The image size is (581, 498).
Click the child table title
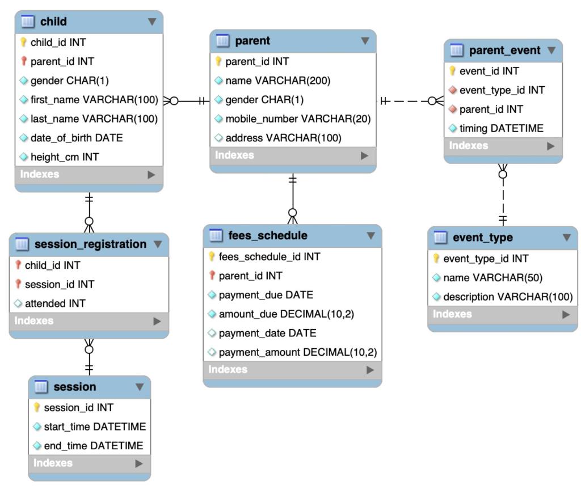[x=53, y=22]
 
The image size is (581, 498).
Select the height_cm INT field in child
[x=65, y=157]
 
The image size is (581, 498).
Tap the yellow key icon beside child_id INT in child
[x=23, y=42]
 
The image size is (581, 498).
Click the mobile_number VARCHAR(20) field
[x=298, y=119]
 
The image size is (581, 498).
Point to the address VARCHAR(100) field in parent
[x=284, y=138]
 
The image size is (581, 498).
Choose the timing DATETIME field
[x=502, y=128]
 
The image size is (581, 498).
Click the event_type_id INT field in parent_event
[x=502, y=90]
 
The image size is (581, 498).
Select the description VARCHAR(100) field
[x=508, y=297]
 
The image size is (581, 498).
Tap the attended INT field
[x=55, y=303]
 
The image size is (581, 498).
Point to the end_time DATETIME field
[x=94, y=446]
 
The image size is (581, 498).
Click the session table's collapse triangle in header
[x=140, y=387]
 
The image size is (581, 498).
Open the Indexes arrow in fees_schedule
[x=370, y=370]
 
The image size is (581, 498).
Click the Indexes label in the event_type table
[x=452, y=314]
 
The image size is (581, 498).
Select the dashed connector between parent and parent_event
[x=410, y=101]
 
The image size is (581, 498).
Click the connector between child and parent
[x=186, y=101]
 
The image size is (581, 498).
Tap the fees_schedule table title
[x=268, y=235]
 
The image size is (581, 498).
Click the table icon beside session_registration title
[x=22, y=244]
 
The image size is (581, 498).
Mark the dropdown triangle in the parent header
[x=365, y=41]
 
